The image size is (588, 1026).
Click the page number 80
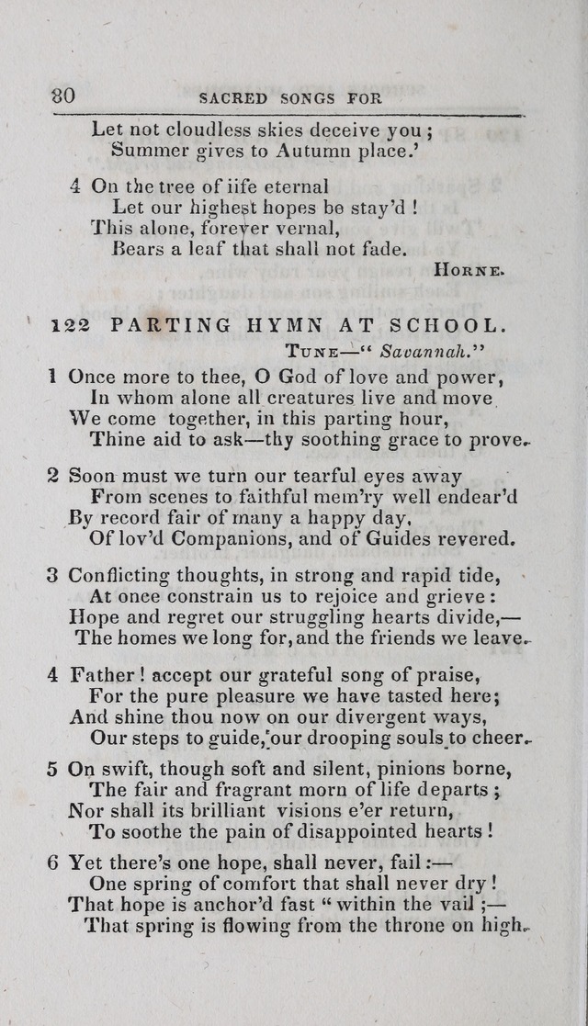(63, 96)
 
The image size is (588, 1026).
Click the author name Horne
(468, 270)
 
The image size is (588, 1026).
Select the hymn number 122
(70, 326)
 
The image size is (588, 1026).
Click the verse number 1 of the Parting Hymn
(53, 376)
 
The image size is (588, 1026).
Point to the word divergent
(335, 717)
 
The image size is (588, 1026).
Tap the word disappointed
(321, 832)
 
